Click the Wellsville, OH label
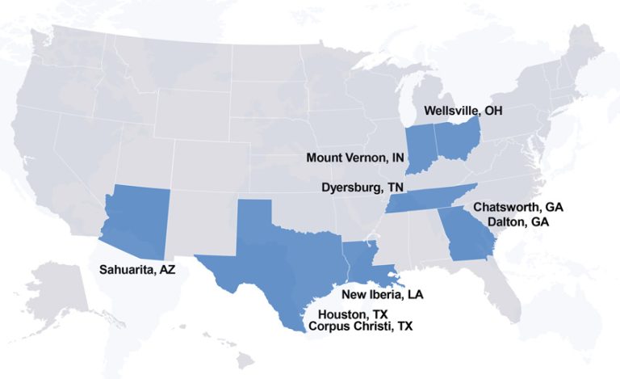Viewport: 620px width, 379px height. click(x=463, y=110)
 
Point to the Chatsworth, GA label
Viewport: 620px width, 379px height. click(x=517, y=207)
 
